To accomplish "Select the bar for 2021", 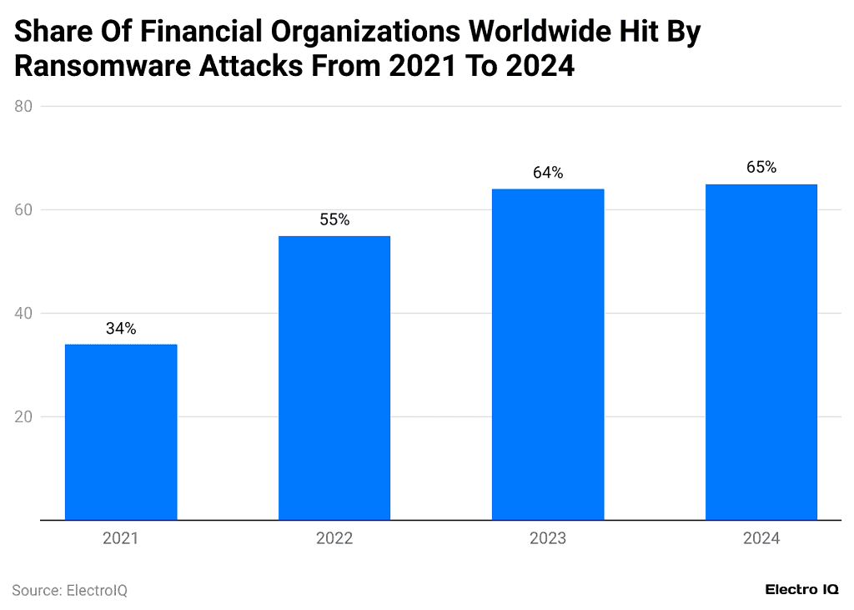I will coord(121,432).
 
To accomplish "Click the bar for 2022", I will coord(334,378).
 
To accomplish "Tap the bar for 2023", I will coord(548,355).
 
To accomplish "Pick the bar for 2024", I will coord(761,352).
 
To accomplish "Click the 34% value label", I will coord(121,329).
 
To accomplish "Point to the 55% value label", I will coord(334,220).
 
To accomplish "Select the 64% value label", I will coord(548,174).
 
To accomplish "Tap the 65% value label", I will coord(761,168).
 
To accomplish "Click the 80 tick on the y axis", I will coord(23,107).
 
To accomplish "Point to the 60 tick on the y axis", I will coord(23,210).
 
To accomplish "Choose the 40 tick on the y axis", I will coord(23,314).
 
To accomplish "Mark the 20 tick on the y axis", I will coord(23,417).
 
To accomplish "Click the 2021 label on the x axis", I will coord(121,539).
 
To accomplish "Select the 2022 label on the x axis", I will coord(334,539).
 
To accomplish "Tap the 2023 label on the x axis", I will coord(548,539).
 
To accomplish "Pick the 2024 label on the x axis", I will coord(761,539).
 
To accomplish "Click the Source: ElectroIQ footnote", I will coord(69,591).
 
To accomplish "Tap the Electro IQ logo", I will coord(802,590).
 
